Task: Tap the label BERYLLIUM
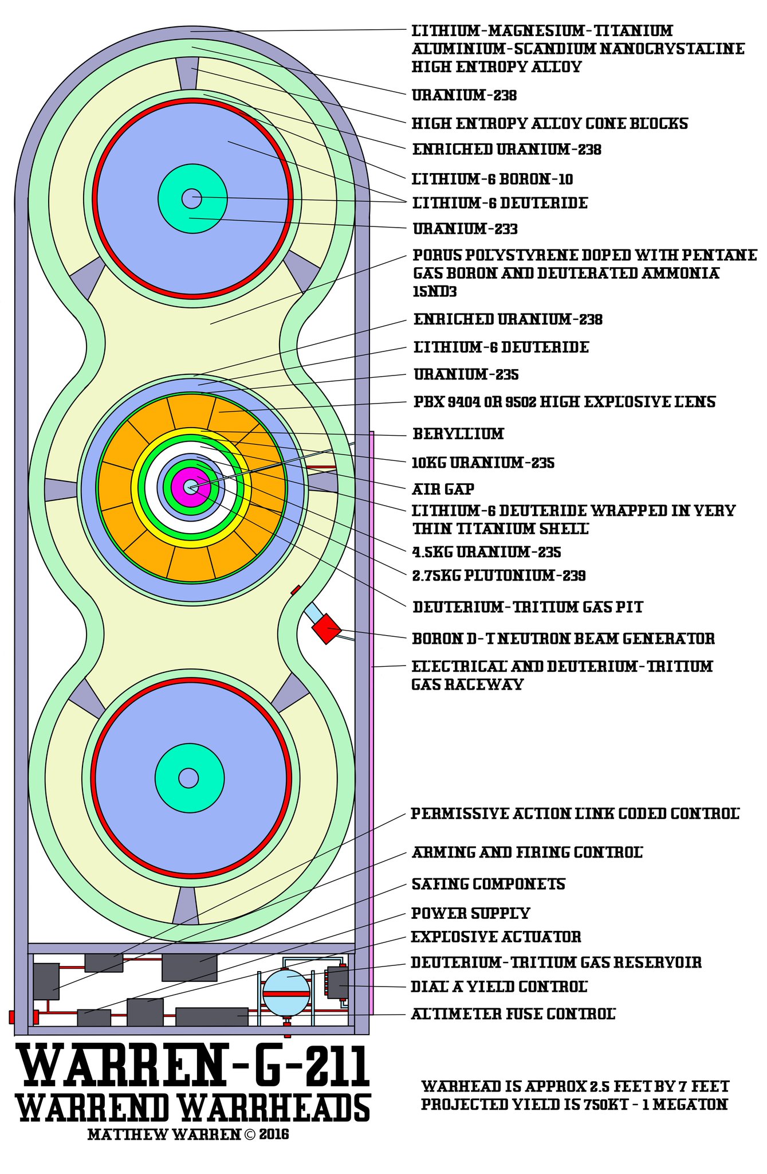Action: (458, 434)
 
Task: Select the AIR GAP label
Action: (443, 489)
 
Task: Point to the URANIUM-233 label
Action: (465, 229)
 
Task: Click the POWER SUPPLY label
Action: (470, 913)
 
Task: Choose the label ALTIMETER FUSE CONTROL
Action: (513, 1014)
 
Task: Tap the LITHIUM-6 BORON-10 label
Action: (493, 179)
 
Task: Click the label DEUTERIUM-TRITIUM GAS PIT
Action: (528, 607)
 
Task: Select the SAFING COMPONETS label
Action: (489, 884)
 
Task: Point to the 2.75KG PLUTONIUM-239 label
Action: (499, 576)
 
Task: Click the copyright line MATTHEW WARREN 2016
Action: (188, 1134)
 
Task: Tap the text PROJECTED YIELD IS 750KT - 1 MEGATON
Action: (575, 1105)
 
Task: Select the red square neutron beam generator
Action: (326, 629)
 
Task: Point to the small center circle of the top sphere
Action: (191, 198)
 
